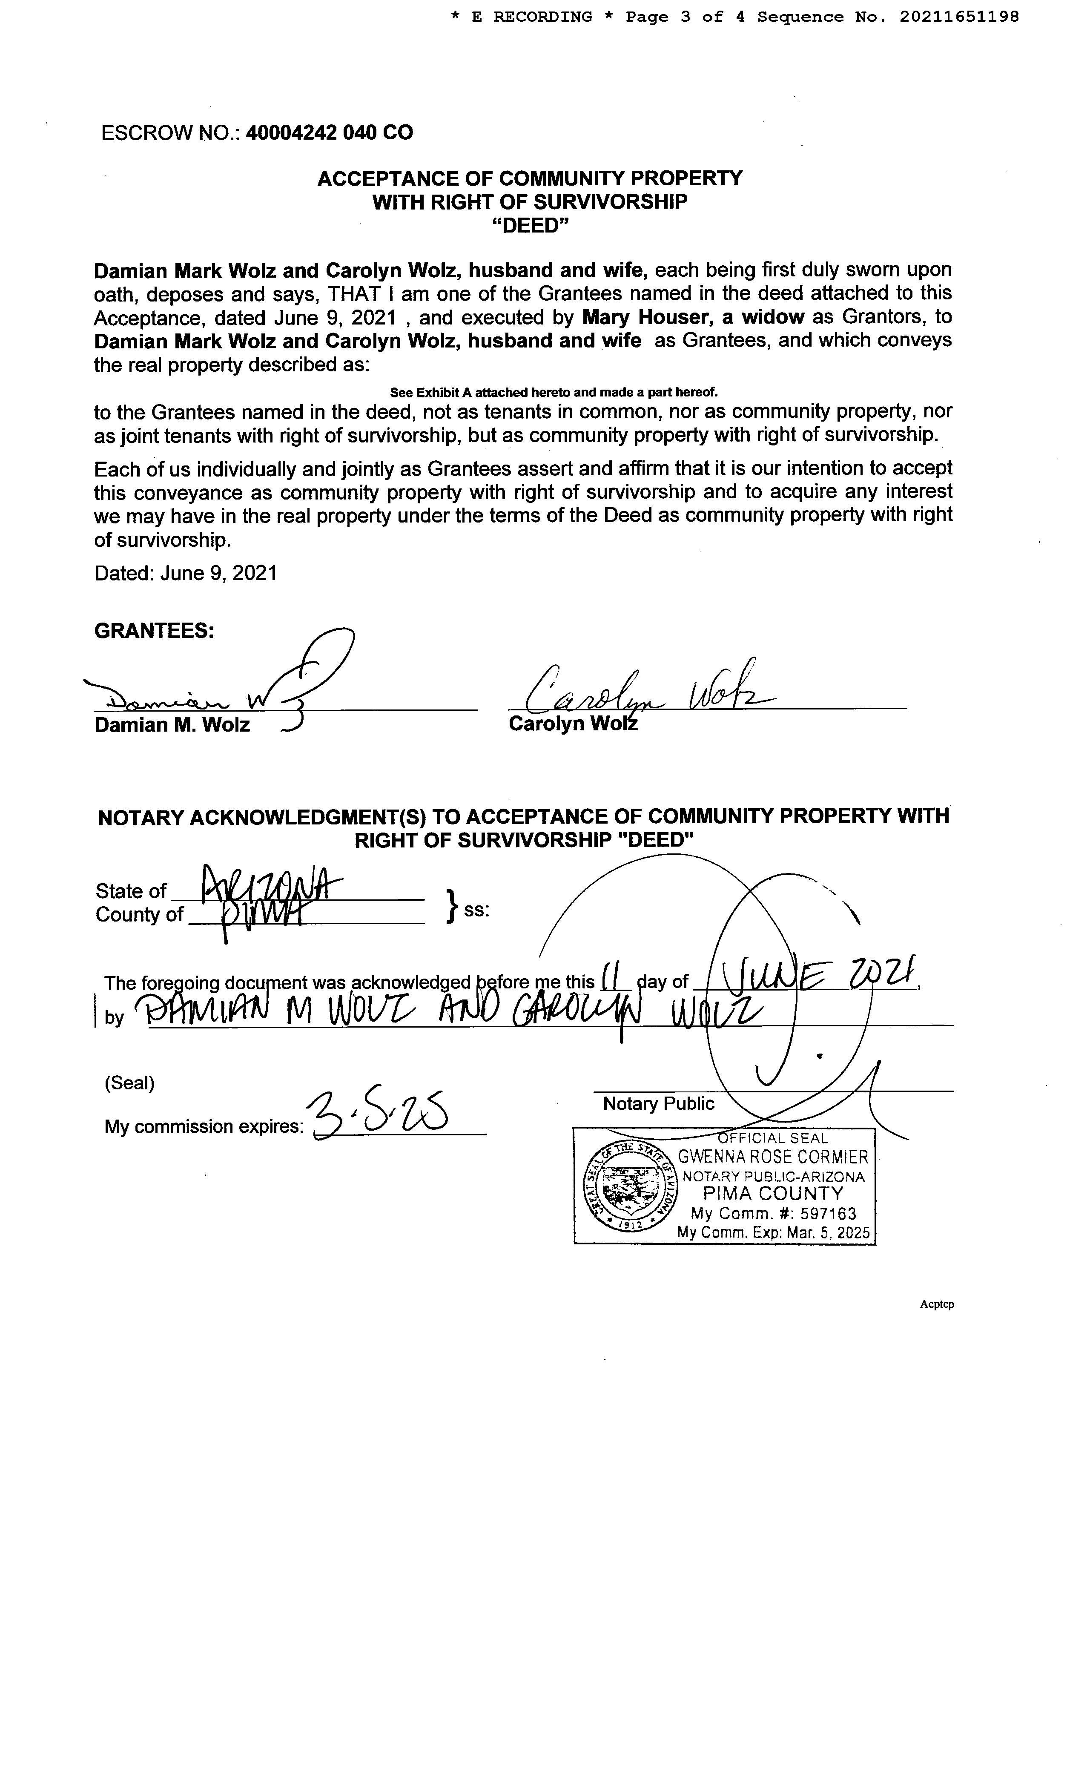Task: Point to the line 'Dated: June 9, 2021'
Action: tap(185, 573)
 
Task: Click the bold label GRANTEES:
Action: tap(154, 631)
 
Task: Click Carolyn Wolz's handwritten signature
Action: tap(640, 691)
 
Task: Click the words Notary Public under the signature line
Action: tap(658, 1104)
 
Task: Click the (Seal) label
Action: tap(129, 1083)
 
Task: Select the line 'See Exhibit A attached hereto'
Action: tap(554, 393)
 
